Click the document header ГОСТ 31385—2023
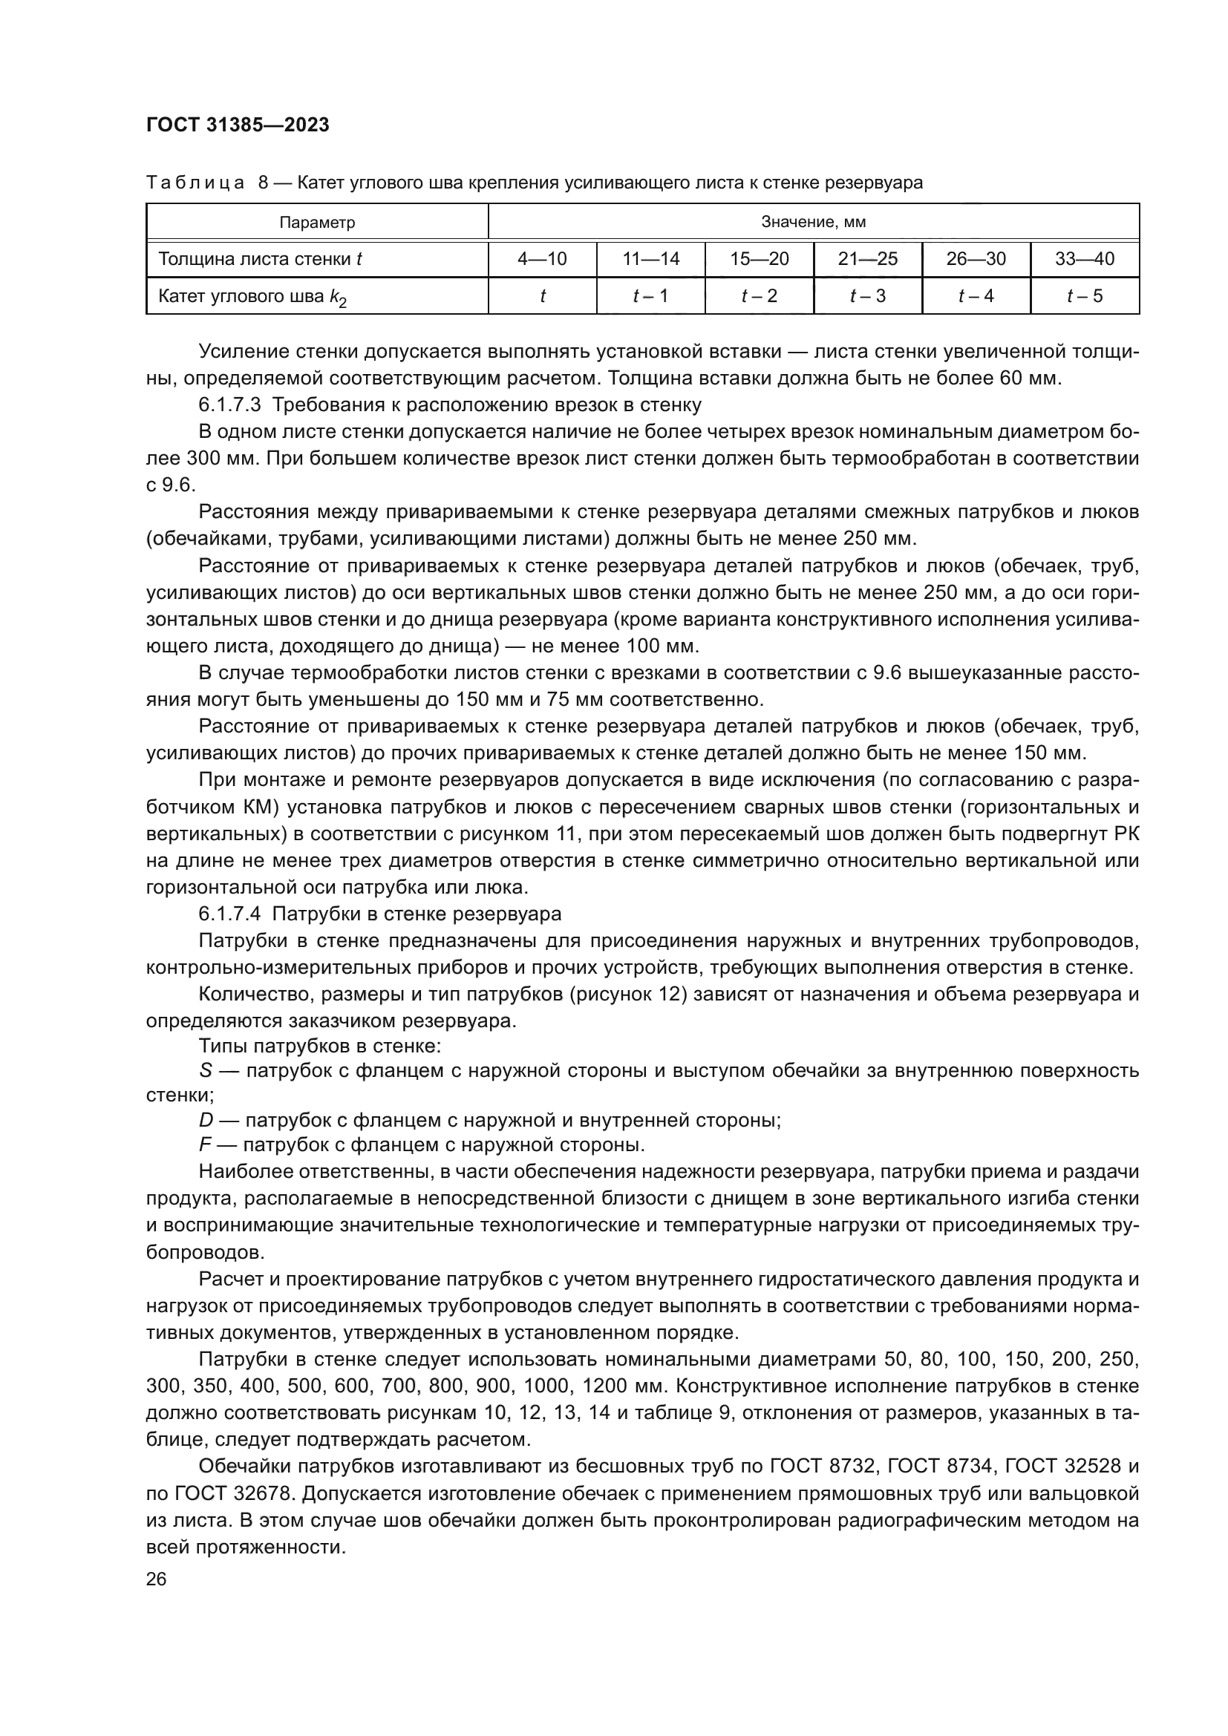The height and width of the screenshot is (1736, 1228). point(238,125)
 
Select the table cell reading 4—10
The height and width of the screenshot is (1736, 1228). point(542,259)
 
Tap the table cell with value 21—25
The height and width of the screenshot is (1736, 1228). point(867,259)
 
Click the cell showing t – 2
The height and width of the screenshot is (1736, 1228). point(760,295)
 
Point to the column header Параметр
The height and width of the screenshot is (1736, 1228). point(317,223)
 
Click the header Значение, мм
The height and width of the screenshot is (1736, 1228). point(813,223)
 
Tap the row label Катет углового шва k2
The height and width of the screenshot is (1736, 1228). point(252,296)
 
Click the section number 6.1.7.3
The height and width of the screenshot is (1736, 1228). point(230,405)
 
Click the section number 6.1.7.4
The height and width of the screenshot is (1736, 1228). point(230,914)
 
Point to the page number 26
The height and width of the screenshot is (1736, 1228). point(156,1579)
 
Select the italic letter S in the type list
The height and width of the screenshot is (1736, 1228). point(205,1071)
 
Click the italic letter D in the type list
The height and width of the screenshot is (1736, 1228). point(206,1120)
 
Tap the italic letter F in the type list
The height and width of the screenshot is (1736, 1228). point(204,1144)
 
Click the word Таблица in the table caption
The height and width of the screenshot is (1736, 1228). point(195,183)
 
